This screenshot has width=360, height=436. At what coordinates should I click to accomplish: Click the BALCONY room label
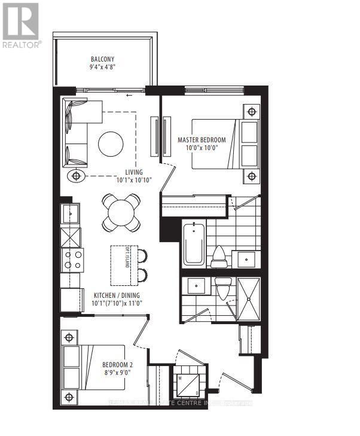point(102,59)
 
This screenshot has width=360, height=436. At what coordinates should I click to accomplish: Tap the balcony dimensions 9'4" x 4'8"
point(102,67)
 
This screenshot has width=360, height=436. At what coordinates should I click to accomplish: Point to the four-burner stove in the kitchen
point(72,260)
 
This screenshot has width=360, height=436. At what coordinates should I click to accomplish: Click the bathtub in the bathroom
point(194,244)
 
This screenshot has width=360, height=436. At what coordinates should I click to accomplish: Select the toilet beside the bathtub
point(219,255)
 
